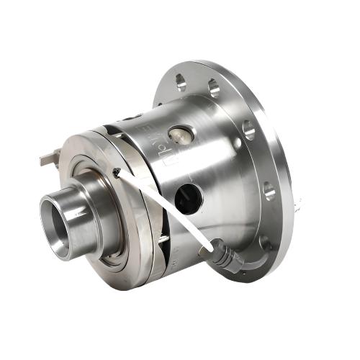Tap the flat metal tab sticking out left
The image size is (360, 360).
pyautogui.click(x=49, y=156)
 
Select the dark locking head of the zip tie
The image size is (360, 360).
pyautogui.click(x=116, y=172)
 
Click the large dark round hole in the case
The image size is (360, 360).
pyautogui.click(x=189, y=197)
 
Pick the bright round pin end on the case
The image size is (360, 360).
pyautogui.click(x=179, y=135)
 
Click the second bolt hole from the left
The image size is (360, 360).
pyautogui.click(x=214, y=89)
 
